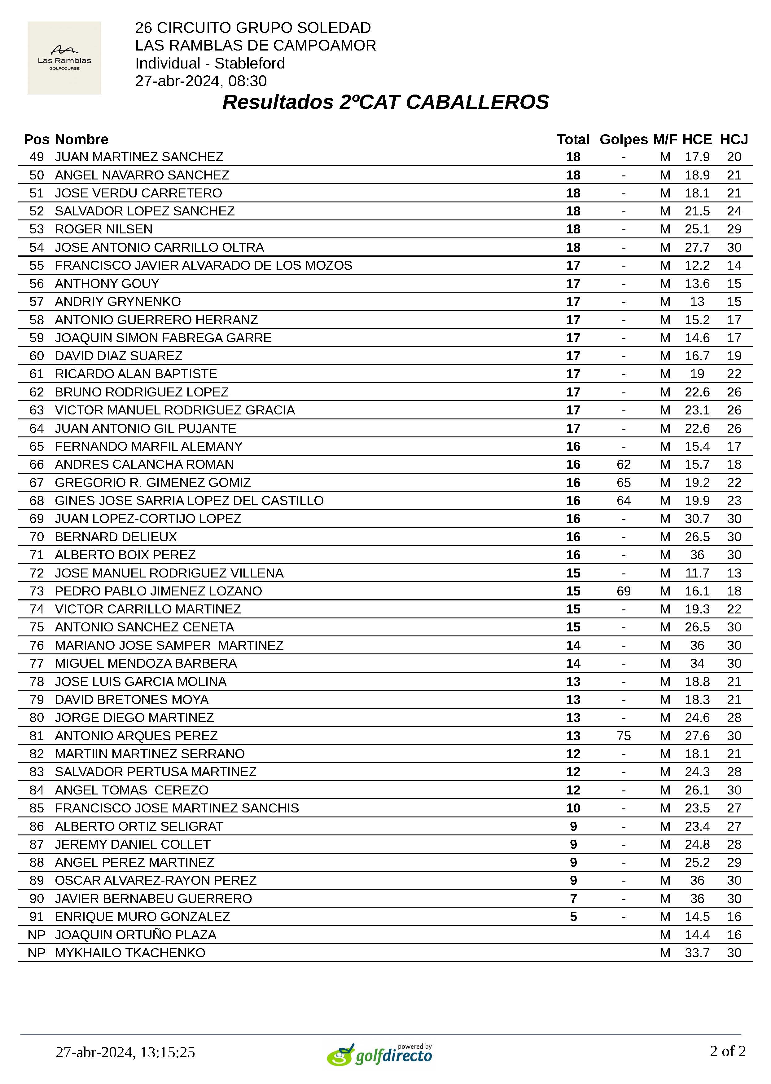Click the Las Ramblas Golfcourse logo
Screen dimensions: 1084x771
click(64, 58)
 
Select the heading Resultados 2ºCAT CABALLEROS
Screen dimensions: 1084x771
click(385, 102)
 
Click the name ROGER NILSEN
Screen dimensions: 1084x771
click(103, 229)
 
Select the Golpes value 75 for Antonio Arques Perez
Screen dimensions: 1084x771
click(623, 736)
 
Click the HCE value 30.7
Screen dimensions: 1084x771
click(697, 519)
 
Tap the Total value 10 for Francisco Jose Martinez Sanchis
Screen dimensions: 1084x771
click(573, 808)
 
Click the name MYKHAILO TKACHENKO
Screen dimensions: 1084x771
click(130, 953)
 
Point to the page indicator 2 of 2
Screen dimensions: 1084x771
click(727, 1051)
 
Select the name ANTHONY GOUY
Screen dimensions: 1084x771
click(107, 284)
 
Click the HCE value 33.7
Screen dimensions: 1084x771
click(697, 953)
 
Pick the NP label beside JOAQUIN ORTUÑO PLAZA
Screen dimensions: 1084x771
click(37, 935)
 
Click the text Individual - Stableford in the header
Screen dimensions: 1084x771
click(210, 63)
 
